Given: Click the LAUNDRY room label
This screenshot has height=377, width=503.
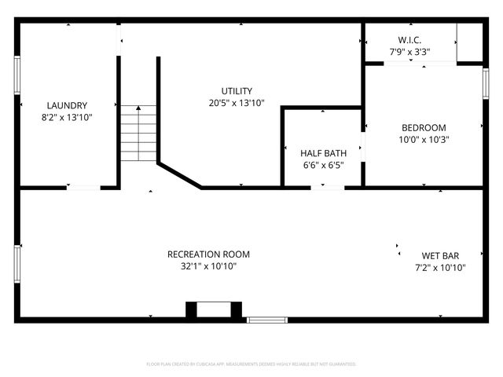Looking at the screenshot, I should (67, 105).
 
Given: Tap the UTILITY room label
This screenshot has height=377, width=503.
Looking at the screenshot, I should (237, 91).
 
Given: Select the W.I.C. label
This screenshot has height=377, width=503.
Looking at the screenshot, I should (409, 40).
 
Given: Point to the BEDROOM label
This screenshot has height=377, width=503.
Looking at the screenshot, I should (424, 128).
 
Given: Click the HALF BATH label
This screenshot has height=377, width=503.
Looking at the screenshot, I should (322, 152).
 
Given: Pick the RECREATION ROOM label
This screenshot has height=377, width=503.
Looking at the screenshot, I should (208, 254).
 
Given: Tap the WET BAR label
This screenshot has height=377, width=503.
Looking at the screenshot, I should (440, 255).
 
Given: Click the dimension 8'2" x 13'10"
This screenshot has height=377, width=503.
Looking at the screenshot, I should (67, 117).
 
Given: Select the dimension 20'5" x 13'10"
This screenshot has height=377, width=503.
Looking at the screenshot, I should (237, 103).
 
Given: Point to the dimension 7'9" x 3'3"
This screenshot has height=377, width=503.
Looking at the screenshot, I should (409, 52).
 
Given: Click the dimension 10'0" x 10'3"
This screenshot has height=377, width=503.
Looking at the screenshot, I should (424, 140).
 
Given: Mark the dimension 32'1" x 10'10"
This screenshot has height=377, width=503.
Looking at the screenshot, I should (208, 266).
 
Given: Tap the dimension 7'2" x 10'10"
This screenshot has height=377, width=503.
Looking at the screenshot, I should (440, 268).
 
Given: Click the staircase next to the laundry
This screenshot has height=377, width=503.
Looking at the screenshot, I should (140, 133).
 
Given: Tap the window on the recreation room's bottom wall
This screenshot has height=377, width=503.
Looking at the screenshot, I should (267, 320).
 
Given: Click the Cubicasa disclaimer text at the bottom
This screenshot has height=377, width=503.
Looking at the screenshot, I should (251, 364).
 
